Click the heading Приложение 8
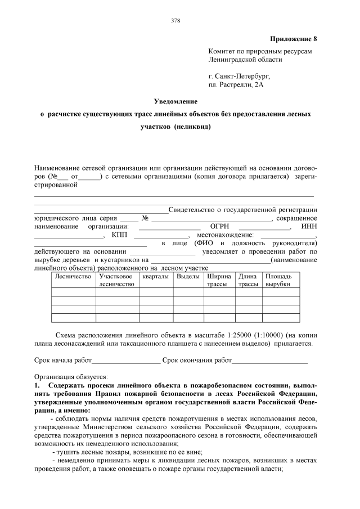[x=294, y=39]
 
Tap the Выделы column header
[x=188, y=276]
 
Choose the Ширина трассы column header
[x=218, y=280]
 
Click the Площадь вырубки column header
[x=278, y=280]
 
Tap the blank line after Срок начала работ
[x=126, y=361]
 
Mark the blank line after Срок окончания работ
[x=270, y=361]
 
